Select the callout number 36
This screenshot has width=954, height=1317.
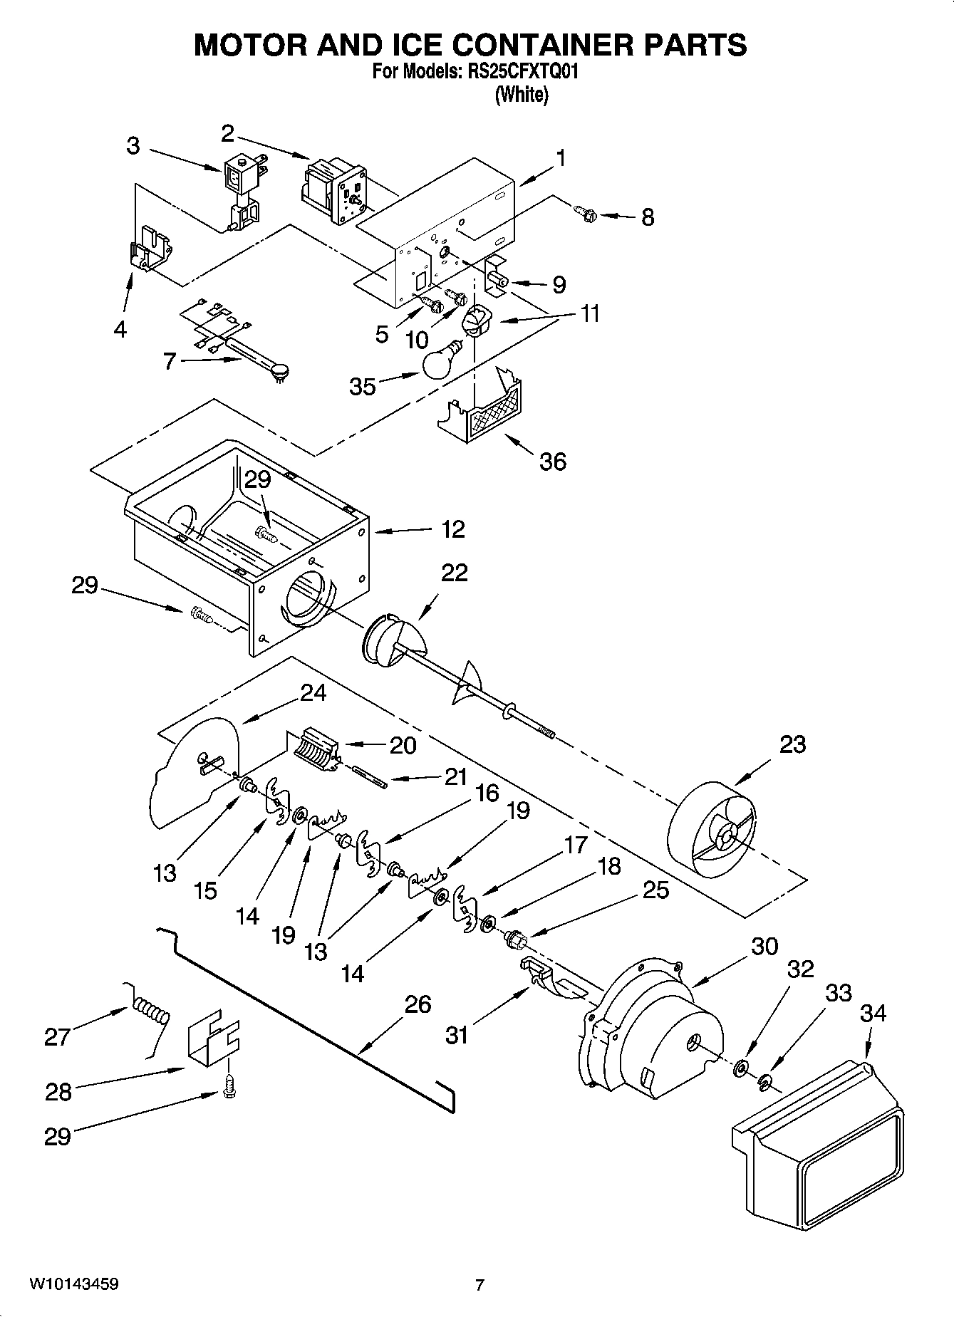click(x=552, y=462)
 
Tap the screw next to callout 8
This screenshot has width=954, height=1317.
click(x=584, y=212)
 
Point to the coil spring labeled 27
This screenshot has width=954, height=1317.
click(x=150, y=1012)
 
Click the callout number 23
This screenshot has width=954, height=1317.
click(x=792, y=744)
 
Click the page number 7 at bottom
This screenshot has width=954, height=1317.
click(x=479, y=1285)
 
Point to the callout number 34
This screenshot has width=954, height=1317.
click(x=874, y=1012)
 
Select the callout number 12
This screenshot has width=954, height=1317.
click(x=452, y=529)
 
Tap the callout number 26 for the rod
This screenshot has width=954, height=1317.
click(x=418, y=1004)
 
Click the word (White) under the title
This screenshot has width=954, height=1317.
click(x=522, y=95)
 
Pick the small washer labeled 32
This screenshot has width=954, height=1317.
click(x=741, y=1067)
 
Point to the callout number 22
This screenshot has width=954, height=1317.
click(x=454, y=573)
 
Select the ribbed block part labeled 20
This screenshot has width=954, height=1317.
click(x=313, y=750)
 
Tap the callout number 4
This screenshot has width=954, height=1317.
click(x=120, y=329)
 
